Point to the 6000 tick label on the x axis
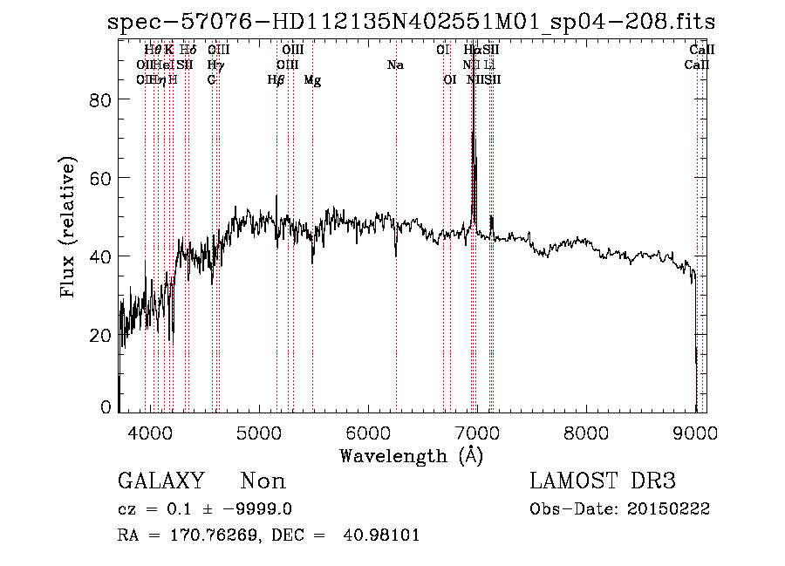point(368,433)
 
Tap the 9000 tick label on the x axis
point(695,433)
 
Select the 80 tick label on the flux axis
point(103,99)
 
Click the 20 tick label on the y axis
point(103,335)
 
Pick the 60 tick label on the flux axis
point(103,178)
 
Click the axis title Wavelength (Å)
point(411,455)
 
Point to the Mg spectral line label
point(312,80)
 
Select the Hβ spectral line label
point(276,80)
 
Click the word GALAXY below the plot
point(161,481)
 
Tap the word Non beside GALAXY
point(263,481)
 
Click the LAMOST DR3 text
point(603,481)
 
